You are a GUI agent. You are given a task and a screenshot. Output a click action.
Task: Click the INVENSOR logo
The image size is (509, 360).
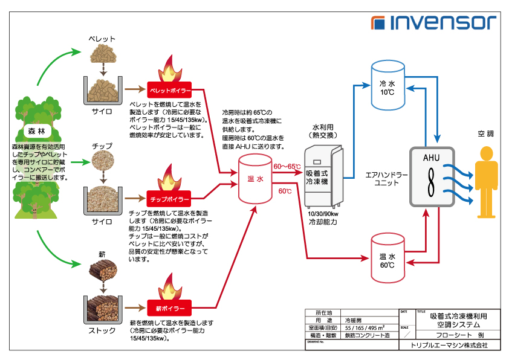tap(434, 23)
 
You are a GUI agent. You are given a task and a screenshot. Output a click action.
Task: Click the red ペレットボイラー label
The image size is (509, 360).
tap(169, 91)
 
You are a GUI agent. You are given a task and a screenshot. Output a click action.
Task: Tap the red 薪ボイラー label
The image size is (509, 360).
tap(169, 308)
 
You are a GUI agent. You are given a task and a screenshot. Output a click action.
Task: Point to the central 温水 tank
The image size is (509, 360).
tap(255, 179)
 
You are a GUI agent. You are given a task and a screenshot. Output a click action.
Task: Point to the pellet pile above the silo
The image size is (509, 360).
tap(102, 56)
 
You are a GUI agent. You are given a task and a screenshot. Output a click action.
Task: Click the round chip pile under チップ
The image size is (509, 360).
tap(102, 160)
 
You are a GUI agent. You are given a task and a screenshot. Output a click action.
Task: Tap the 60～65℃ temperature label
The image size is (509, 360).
tap(287, 167)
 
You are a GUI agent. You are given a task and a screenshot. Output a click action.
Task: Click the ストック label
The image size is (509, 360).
tap(102, 330)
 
